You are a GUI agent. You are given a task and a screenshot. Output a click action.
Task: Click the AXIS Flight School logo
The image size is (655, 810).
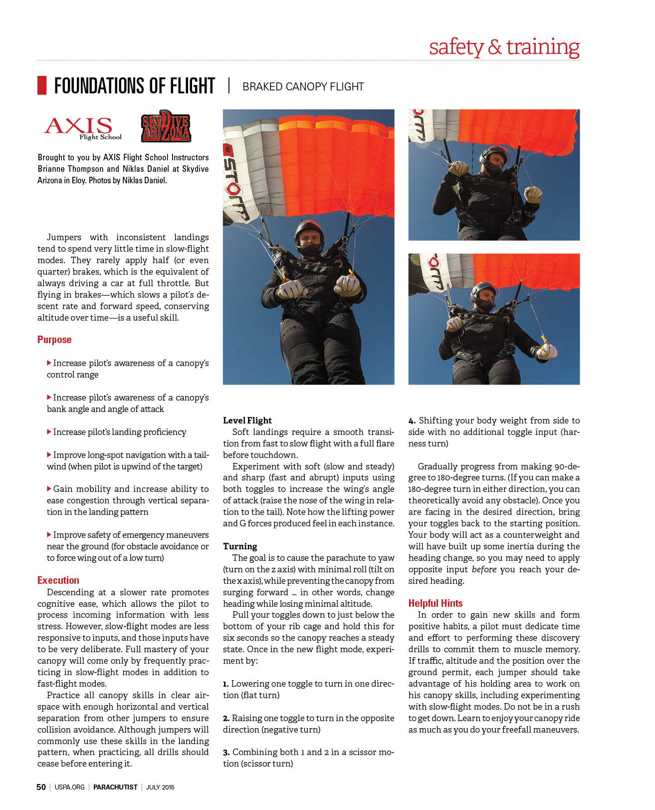(82, 128)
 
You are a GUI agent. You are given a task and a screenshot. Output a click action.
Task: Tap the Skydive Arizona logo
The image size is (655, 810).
(166, 127)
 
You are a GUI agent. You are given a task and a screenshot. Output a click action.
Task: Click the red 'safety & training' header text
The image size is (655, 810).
(504, 47)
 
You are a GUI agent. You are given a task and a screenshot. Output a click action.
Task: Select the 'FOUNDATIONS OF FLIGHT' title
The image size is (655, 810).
(134, 86)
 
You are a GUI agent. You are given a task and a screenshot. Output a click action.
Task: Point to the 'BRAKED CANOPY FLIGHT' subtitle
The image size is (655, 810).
(303, 87)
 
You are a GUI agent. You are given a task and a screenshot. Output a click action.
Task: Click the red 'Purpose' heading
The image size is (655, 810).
(54, 340)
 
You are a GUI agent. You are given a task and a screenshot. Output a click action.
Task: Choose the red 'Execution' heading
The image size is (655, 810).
(58, 580)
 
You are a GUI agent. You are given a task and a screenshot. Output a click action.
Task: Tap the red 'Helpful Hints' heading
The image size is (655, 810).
(435, 603)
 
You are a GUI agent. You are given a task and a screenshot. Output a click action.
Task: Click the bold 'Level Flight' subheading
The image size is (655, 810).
(247, 420)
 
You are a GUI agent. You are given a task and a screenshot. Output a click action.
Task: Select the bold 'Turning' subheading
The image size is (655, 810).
(240, 546)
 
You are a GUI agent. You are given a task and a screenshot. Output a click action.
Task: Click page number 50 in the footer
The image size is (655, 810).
(41, 787)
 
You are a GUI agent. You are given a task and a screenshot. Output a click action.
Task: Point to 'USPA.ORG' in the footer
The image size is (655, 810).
(69, 788)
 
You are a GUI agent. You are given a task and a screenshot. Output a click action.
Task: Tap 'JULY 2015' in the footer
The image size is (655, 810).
(160, 788)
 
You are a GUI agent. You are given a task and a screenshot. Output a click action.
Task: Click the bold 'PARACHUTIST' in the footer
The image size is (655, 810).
(115, 788)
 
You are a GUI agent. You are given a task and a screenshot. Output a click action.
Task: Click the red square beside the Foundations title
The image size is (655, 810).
(42, 85)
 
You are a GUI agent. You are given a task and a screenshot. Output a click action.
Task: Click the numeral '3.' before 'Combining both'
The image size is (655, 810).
(226, 753)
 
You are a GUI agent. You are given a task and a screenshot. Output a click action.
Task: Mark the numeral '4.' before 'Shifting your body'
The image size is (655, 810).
(412, 421)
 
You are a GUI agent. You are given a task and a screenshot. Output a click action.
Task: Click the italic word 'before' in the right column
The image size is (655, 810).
(484, 569)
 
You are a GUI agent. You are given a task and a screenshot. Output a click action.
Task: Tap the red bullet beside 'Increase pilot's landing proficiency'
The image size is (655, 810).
(49, 431)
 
